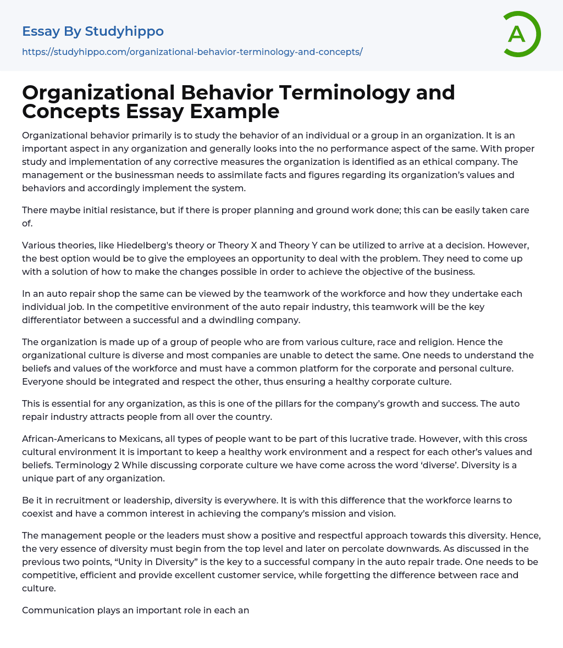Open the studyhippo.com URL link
pyautogui.click(x=192, y=52)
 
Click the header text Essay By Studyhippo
pyautogui.click(x=93, y=31)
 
